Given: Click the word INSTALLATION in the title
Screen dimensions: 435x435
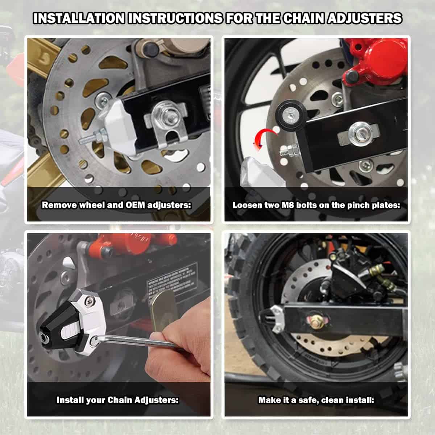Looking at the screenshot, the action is coord(79,18).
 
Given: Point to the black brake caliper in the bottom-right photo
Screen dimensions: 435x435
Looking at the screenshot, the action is coord(352,275).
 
